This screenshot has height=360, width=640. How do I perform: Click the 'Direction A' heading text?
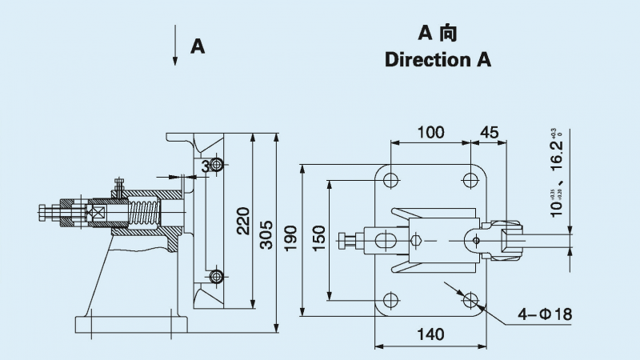[x=438, y=60]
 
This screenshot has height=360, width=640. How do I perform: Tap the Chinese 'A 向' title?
[x=438, y=33]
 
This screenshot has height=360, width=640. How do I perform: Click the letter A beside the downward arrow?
[x=198, y=46]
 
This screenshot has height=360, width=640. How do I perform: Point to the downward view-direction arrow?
[x=175, y=46]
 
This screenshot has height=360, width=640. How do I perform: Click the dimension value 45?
[x=489, y=132]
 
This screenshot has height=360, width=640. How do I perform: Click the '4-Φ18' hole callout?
[x=544, y=314]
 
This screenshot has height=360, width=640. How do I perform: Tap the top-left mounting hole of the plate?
[x=390, y=178]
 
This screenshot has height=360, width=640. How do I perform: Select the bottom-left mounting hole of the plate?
[x=390, y=301]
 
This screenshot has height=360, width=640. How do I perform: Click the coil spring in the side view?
[x=145, y=214]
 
